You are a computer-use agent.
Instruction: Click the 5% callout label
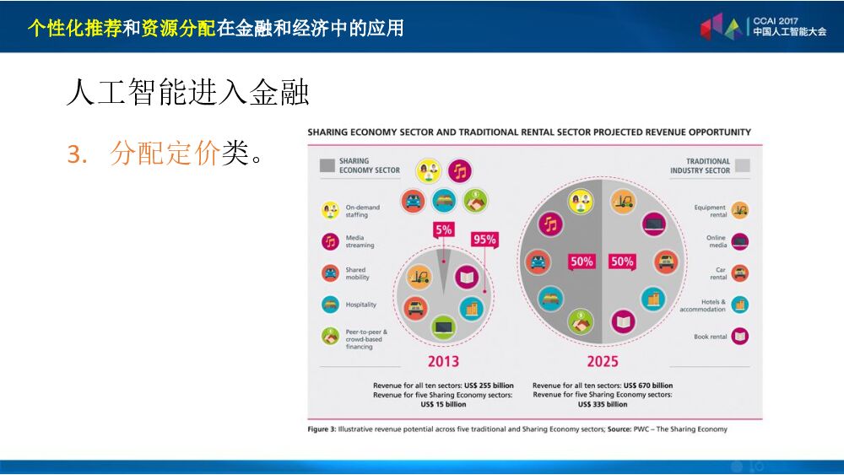[444, 229]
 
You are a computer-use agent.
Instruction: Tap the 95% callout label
[484, 240]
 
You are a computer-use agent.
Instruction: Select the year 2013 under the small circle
[444, 361]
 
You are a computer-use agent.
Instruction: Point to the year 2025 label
[603, 361]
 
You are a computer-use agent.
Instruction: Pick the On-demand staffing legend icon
[330, 210]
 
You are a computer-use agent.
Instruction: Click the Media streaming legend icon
[330, 241]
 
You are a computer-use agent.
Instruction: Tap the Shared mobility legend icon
[330, 273]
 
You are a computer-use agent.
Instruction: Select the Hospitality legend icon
[330, 305]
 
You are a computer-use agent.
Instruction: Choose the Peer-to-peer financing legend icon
[330, 336]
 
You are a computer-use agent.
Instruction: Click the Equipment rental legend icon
[740, 210]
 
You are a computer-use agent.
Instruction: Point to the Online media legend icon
[740, 241]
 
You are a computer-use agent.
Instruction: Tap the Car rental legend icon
[740, 273]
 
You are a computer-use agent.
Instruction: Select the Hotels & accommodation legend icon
[740, 305]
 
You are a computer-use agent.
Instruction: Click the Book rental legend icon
[740, 336]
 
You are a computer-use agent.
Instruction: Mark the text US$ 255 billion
[489, 386]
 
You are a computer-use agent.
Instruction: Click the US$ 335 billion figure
[603, 404]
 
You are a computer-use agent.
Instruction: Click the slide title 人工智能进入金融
[188, 91]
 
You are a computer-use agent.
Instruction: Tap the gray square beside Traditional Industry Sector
[742, 165]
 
